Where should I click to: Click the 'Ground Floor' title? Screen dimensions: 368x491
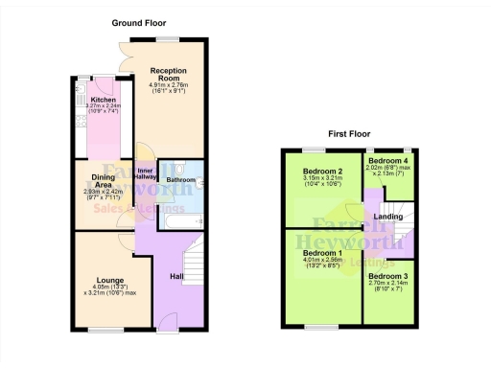click(x=140, y=22)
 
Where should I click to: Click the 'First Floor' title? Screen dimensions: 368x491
click(x=350, y=134)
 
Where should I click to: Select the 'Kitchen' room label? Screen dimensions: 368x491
click(x=103, y=100)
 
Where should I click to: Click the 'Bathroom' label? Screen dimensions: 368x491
click(x=179, y=179)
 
